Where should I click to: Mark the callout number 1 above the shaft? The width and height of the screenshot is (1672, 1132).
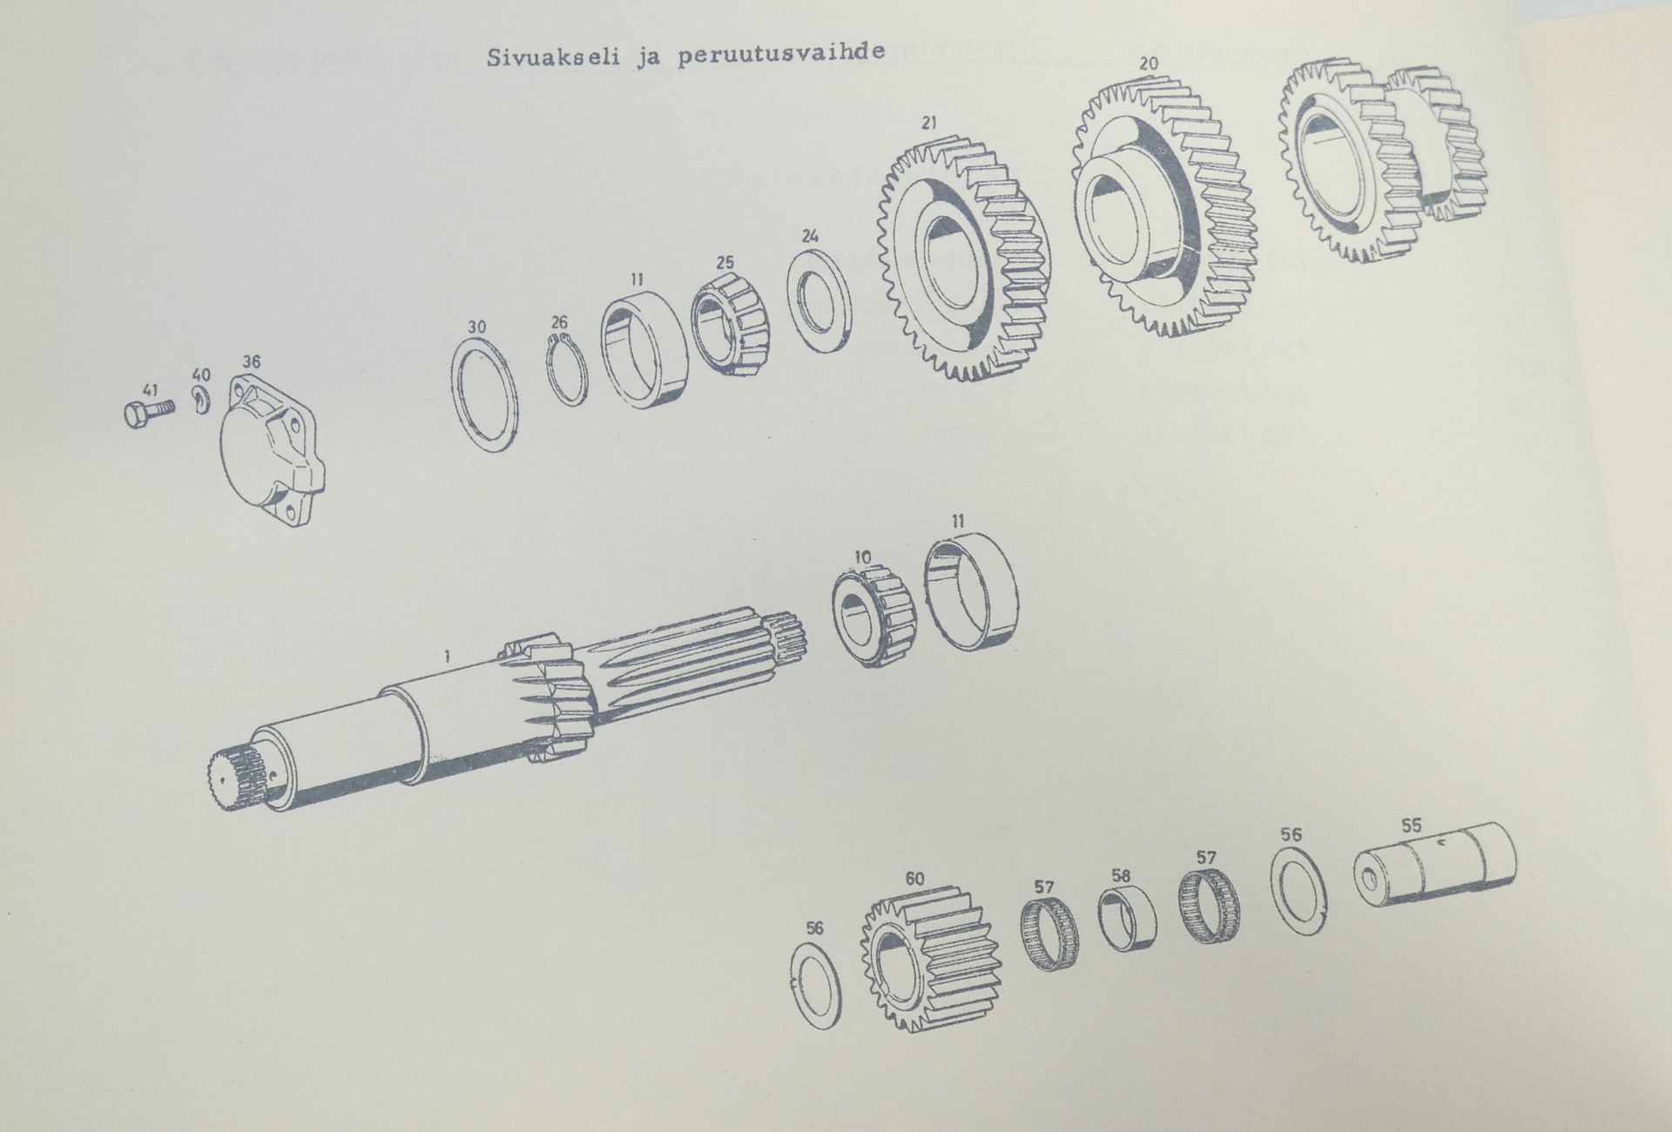tap(447, 657)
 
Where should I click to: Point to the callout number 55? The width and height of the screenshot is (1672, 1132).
tap(1411, 825)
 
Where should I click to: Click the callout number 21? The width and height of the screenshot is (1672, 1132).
tap(929, 124)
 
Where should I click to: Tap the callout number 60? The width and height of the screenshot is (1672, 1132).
tap(914, 879)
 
